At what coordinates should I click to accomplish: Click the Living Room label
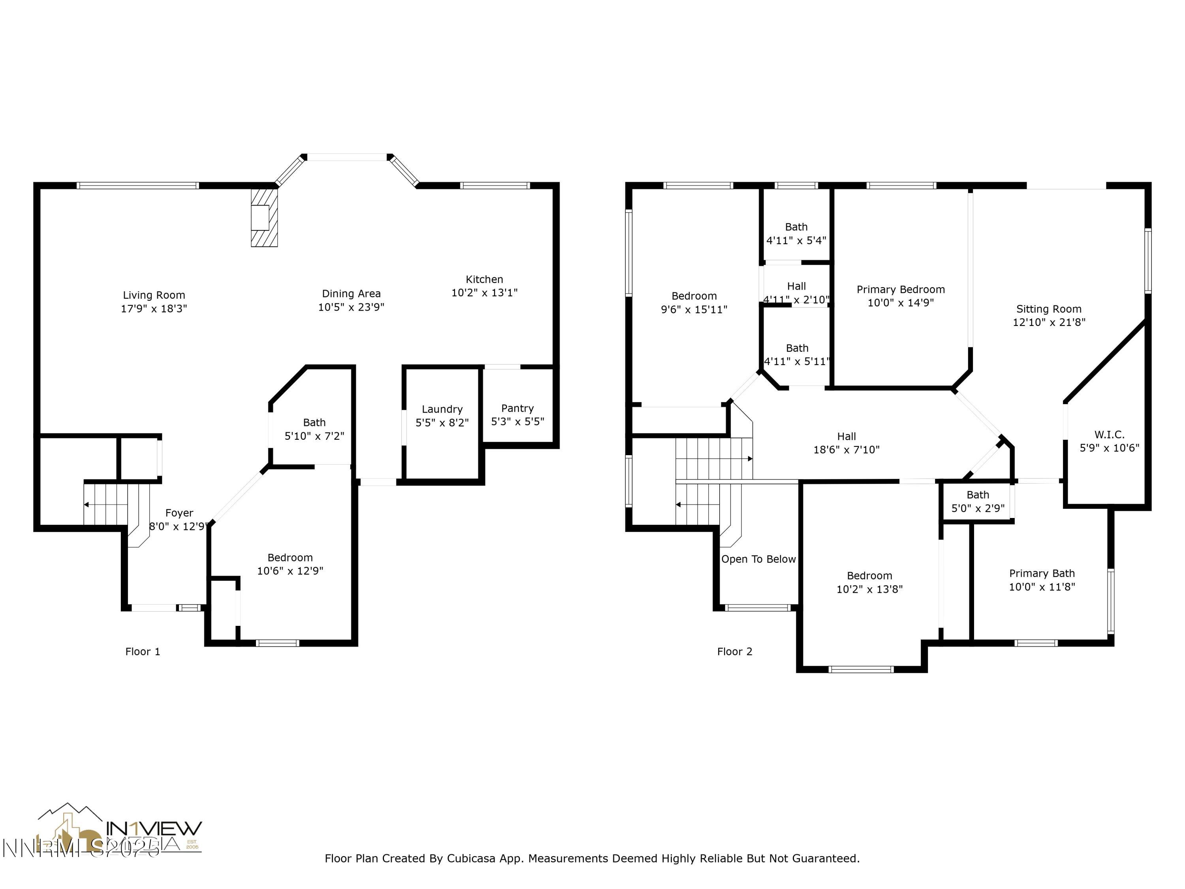[x=154, y=295]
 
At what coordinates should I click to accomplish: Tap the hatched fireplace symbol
[x=264, y=217]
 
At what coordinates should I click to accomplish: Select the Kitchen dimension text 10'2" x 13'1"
[x=484, y=293]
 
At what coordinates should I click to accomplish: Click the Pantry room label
[x=517, y=408]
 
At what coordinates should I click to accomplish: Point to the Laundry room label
[x=442, y=409]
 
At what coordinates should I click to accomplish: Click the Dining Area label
[x=351, y=294]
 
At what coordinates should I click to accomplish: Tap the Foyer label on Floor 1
[x=179, y=513]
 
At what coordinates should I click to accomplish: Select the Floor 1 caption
[x=143, y=652]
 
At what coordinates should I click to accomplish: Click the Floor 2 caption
[x=734, y=652]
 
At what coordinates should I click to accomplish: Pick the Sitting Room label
[x=1048, y=309]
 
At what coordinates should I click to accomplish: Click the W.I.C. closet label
[x=1109, y=435]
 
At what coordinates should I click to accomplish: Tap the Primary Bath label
[x=1042, y=573]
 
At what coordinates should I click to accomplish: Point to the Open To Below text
[x=758, y=559]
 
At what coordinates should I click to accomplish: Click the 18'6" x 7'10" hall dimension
[x=846, y=450]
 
